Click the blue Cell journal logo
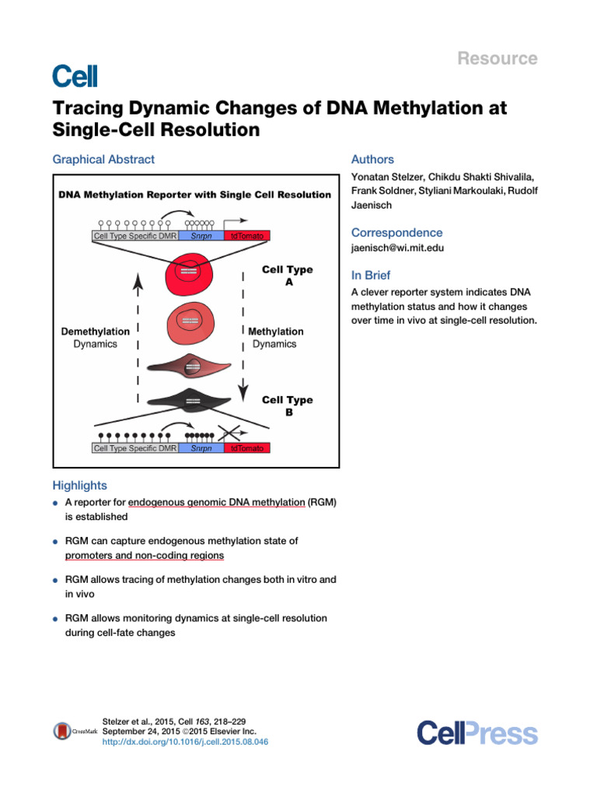point(75,75)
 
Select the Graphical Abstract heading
point(103,160)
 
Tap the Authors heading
point(372,160)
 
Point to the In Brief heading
point(371,276)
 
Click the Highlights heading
point(79,486)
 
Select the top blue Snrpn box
point(201,235)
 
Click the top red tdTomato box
point(248,235)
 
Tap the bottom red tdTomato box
point(248,448)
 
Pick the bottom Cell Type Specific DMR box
point(135,448)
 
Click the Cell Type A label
point(288,276)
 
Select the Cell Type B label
point(288,406)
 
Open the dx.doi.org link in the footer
point(185,743)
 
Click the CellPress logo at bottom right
point(477,733)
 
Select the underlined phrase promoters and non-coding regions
point(144,556)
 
